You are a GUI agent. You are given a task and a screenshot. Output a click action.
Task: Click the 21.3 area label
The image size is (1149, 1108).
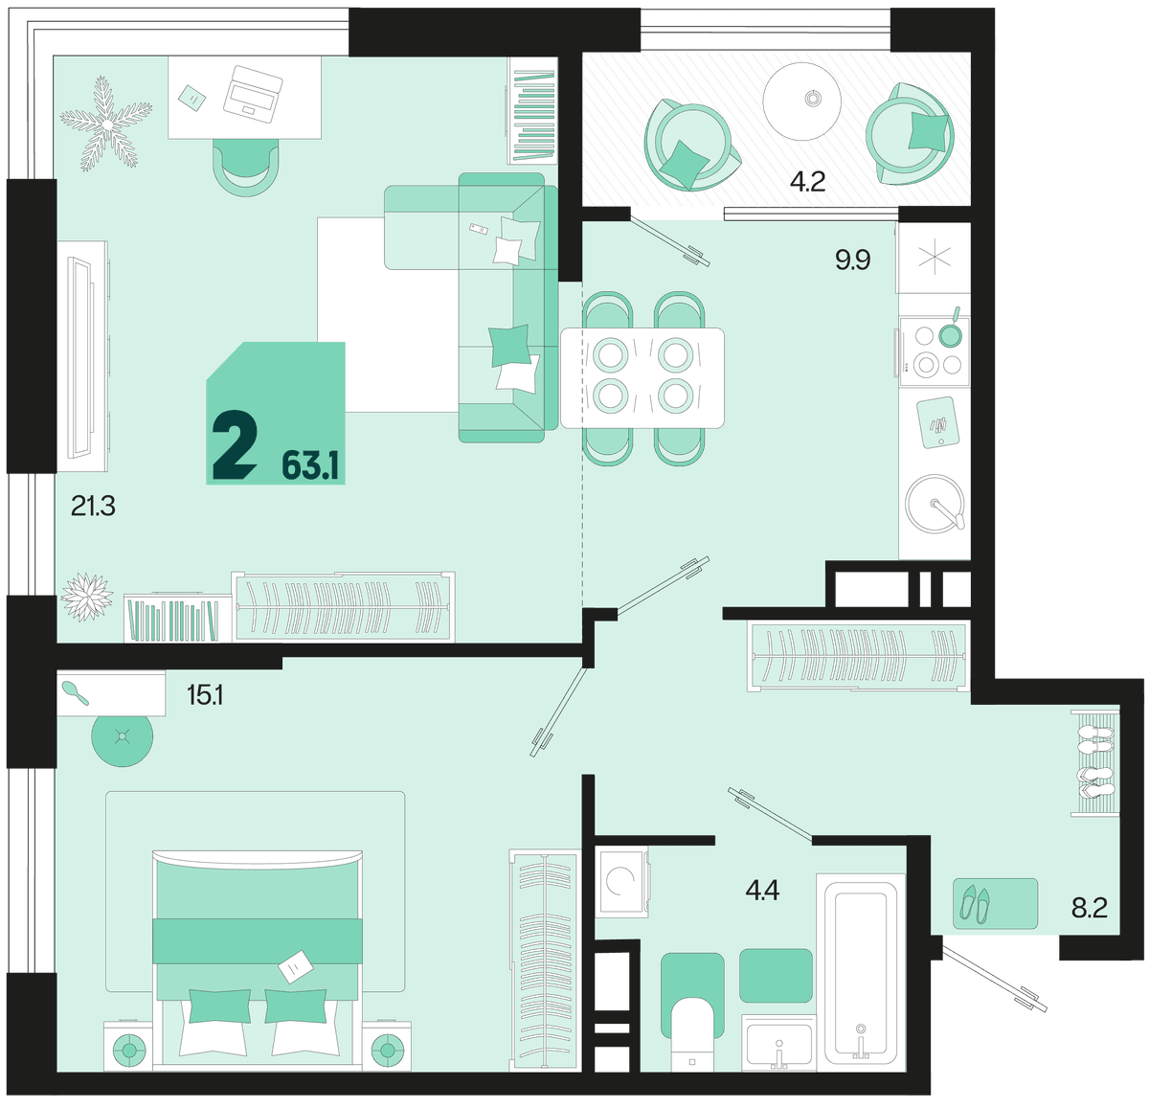(x=93, y=507)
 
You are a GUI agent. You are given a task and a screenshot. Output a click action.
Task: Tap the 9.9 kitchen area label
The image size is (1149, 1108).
(x=852, y=260)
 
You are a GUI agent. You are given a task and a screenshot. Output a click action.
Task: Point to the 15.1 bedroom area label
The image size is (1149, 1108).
(x=205, y=696)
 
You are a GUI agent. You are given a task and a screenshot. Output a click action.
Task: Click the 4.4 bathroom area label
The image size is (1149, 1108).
(x=762, y=890)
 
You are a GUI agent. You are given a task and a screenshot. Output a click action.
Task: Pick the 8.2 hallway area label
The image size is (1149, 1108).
(x=1090, y=908)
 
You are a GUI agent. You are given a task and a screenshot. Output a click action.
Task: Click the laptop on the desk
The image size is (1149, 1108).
(x=253, y=94)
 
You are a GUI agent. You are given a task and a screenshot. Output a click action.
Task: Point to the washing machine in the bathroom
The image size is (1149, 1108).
(x=621, y=881)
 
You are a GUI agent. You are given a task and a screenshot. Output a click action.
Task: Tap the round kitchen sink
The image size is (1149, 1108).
(x=935, y=504)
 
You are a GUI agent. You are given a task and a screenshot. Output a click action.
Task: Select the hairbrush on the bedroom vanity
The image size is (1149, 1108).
(x=75, y=692)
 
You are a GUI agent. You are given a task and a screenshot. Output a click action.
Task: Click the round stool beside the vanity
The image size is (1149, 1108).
(x=123, y=735)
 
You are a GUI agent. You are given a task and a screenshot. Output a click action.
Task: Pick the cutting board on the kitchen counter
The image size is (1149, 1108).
(x=938, y=422)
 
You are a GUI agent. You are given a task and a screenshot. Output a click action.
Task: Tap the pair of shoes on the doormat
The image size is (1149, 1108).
(x=975, y=904)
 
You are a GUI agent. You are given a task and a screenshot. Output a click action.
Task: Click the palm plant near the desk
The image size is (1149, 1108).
(x=106, y=124)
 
